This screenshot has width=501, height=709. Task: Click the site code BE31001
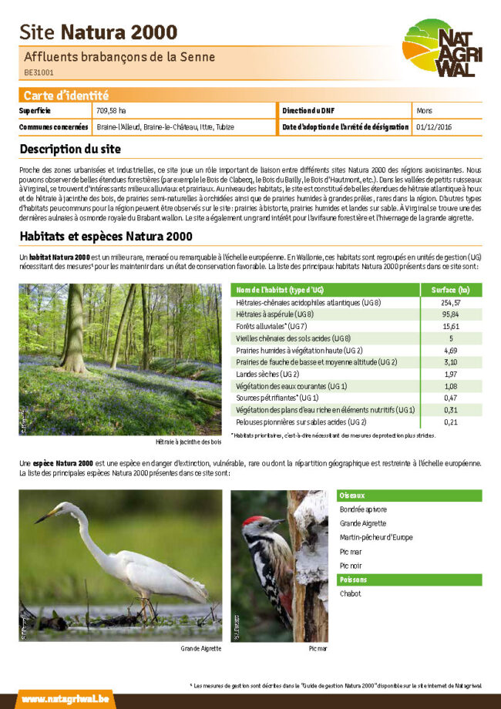pos(39,72)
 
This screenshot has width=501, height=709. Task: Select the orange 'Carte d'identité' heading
pos(66,96)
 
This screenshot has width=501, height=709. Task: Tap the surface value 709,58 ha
pos(111,111)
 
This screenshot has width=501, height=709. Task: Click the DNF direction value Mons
pos(424,111)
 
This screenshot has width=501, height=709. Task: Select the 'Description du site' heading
pos(70,148)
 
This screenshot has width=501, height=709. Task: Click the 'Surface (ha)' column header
pos(452,290)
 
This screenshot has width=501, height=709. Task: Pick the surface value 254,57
pos(452,302)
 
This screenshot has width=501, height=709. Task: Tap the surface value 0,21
pos(452,422)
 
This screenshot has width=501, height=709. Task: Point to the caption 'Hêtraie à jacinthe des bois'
pos(188,442)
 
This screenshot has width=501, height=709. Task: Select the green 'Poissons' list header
pos(354,580)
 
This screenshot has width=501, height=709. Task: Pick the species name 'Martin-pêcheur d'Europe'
pos(375,537)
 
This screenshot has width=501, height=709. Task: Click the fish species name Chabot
pos(350,593)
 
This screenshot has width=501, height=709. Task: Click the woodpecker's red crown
pos(252,522)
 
